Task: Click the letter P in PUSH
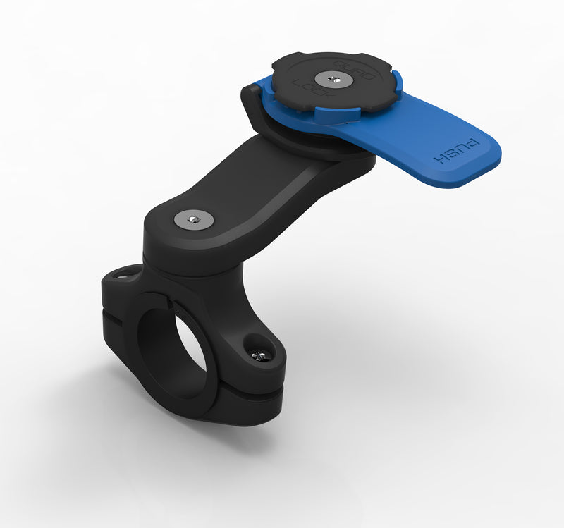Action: pos(474,145)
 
